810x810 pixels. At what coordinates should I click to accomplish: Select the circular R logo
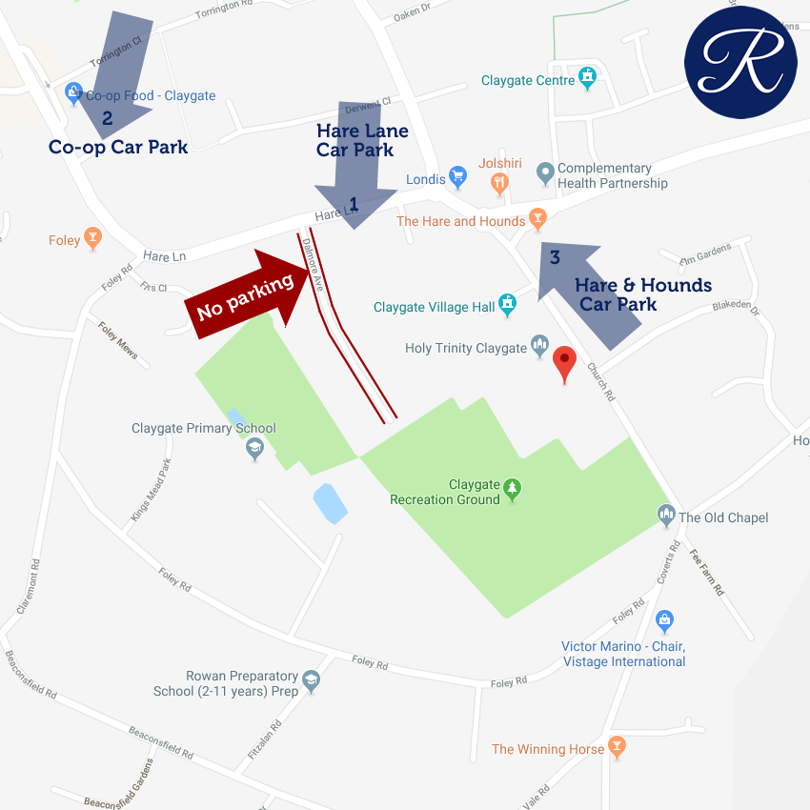point(740,63)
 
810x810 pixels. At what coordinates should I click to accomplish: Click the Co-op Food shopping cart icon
point(73,93)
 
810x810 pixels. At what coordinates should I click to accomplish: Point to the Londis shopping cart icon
point(457,176)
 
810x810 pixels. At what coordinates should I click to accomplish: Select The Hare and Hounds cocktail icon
point(538,219)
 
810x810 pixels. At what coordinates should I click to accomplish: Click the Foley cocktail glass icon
point(92,238)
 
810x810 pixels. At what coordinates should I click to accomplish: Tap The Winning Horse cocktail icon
point(617,747)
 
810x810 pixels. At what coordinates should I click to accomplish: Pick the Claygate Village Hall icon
point(508,305)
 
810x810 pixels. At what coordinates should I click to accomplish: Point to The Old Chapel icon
point(666,516)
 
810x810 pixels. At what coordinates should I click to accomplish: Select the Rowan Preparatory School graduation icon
point(311,680)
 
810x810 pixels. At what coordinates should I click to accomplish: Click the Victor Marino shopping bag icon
point(665,621)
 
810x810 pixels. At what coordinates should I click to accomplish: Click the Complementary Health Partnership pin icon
point(545,173)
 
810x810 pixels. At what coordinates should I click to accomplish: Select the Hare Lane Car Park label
point(362,140)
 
